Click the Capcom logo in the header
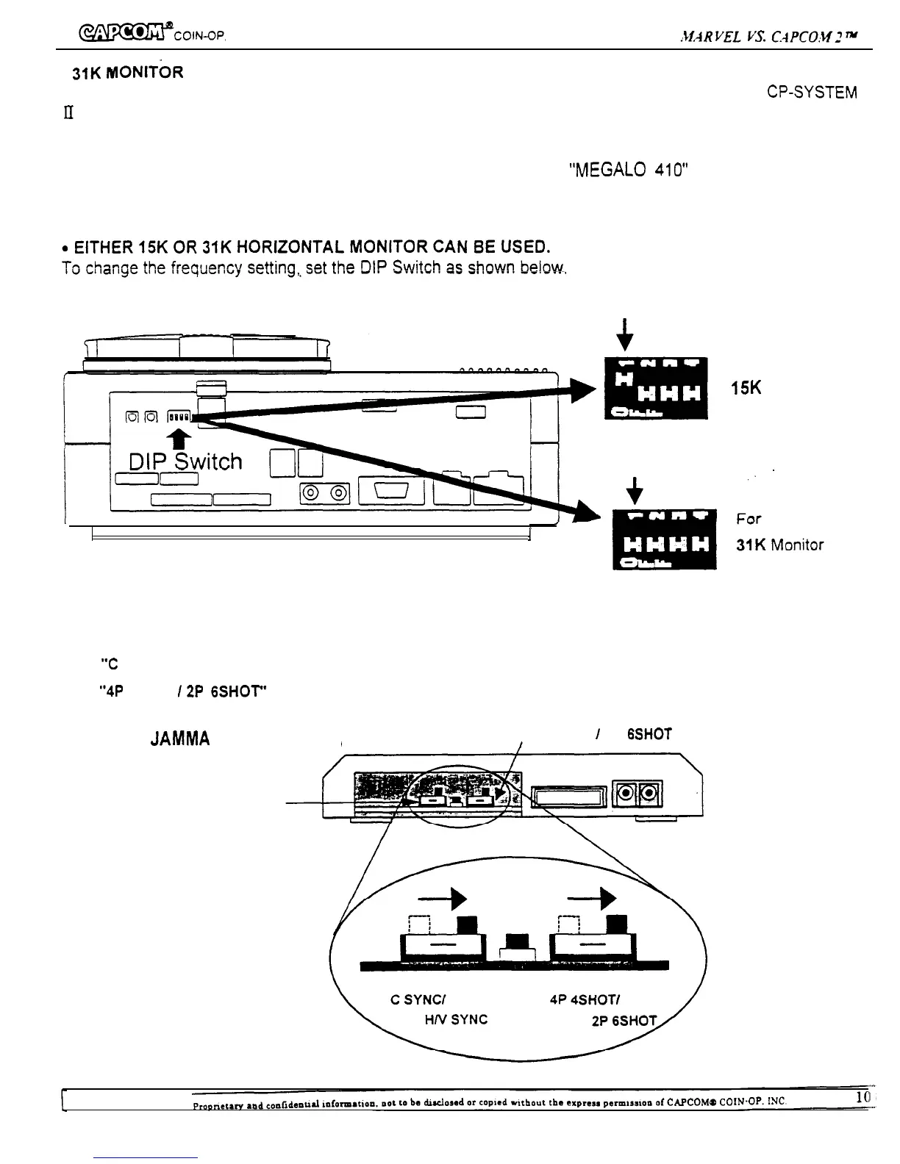click(121, 33)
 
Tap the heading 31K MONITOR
click(126, 73)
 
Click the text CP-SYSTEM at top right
click(812, 93)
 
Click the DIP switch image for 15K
click(655, 388)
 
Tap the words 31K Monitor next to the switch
click(779, 545)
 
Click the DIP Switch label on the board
click(185, 461)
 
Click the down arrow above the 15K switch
click(625, 334)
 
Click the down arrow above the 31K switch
click(635, 488)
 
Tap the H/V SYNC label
click(456, 1020)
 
